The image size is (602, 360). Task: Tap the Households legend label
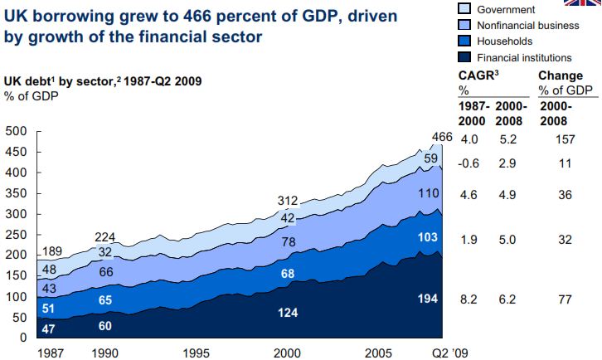point(503,41)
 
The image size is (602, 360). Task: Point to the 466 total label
point(443,136)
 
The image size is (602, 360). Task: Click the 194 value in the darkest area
point(426,297)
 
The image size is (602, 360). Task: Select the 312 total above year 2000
point(287,200)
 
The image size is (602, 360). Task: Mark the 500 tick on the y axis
point(16,131)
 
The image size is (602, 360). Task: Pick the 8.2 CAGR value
point(469,297)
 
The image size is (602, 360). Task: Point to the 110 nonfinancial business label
point(427,193)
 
